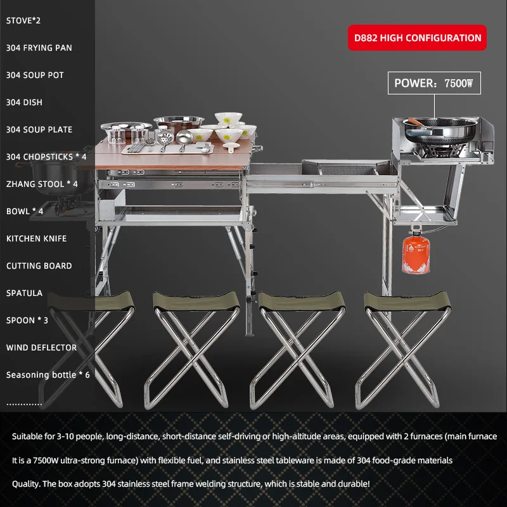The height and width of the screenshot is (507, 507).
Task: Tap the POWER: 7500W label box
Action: (438, 82)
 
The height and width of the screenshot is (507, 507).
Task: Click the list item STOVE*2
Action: (24, 20)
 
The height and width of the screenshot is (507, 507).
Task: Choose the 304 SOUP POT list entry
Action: (35, 75)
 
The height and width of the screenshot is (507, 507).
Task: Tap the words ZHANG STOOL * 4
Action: (42, 184)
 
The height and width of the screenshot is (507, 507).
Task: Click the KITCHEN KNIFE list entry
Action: (36, 238)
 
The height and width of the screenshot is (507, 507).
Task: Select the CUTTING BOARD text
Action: (39, 266)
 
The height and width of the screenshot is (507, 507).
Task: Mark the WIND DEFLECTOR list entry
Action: (41, 347)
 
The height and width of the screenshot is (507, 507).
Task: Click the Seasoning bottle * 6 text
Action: (48, 375)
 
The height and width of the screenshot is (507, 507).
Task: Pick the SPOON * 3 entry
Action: (27, 320)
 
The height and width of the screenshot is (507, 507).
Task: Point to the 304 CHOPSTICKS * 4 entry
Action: (46, 157)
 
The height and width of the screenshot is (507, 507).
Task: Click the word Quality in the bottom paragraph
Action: (27, 484)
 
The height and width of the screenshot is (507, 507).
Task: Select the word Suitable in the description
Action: (29, 437)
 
